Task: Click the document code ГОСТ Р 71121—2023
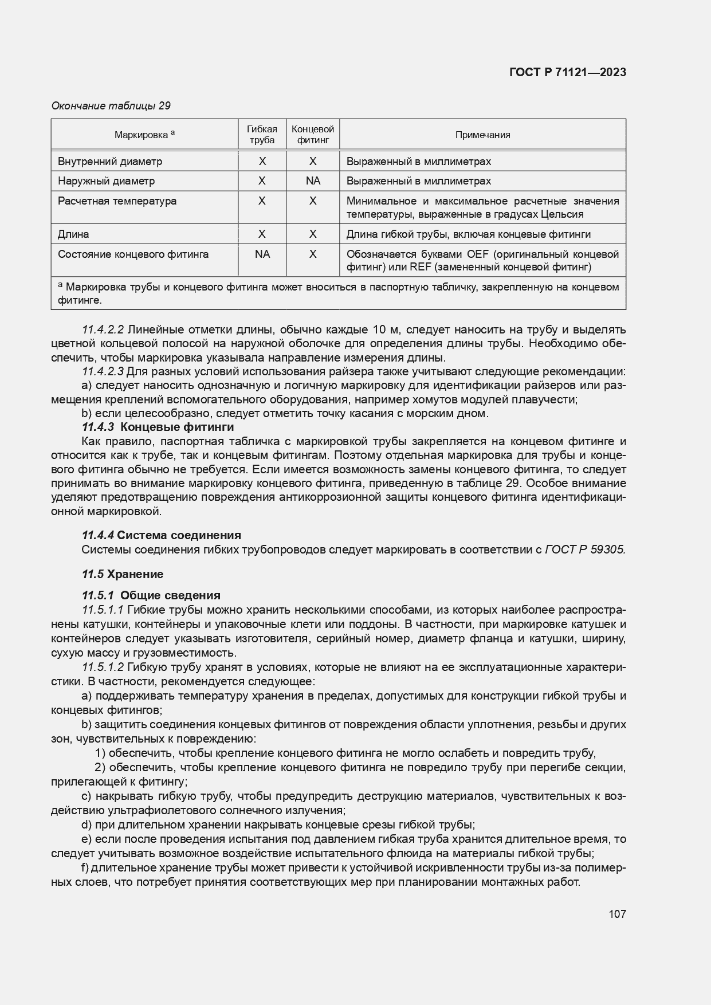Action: pyautogui.click(x=567, y=72)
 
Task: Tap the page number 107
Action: pyautogui.click(x=617, y=914)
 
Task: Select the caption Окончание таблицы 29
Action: pyautogui.click(x=111, y=106)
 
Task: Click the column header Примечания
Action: pyautogui.click(x=482, y=135)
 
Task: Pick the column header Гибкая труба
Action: pyautogui.click(x=262, y=135)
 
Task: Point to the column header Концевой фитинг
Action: pyautogui.click(x=313, y=135)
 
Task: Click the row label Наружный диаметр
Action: pyautogui.click(x=107, y=181)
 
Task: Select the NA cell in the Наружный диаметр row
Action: pyautogui.click(x=313, y=181)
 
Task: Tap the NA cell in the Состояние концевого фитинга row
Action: pyautogui.click(x=262, y=254)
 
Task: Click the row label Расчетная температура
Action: pyautogui.click(x=117, y=201)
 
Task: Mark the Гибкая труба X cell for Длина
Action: pyautogui.click(x=262, y=234)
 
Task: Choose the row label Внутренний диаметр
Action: pyautogui.click(x=110, y=162)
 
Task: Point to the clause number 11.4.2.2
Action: pyautogui.click(x=103, y=329)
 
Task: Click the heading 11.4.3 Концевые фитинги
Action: pyautogui.click(x=158, y=427)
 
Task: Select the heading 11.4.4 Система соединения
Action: pyautogui.click(x=161, y=535)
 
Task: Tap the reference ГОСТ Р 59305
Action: pyautogui.click(x=585, y=549)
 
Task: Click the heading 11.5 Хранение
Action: pyautogui.click(x=123, y=574)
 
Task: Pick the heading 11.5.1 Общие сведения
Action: pyautogui.click(x=151, y=595)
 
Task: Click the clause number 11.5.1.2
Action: pyautogui.click(x=103, y=667)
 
